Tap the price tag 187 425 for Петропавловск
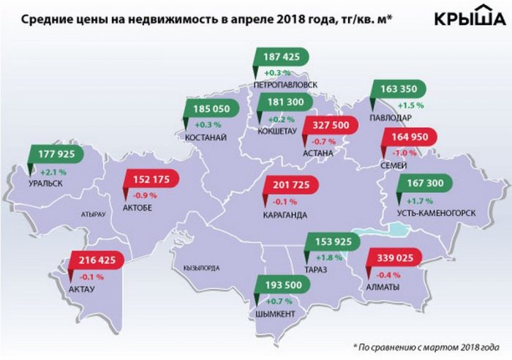click(x=282, y=57)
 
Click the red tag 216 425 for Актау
click(x=97, y=260)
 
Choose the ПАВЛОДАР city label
click(x=391, y=118)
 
